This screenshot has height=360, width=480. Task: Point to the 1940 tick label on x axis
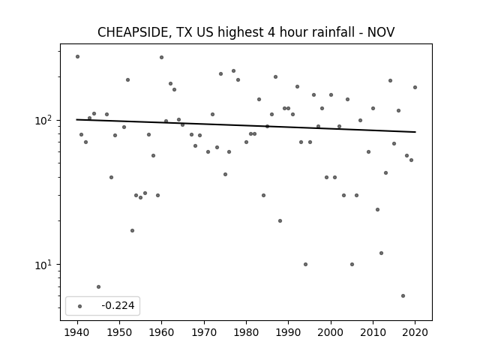(x=77, y=332)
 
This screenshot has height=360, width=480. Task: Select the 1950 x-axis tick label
(x=120, y=332)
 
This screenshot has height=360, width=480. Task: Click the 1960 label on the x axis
(x=162, y=332)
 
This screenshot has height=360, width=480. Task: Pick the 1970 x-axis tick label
(x=204, y=332)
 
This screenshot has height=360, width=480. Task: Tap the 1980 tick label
(x=246, y=332)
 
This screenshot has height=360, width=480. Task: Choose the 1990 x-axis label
(x=288, y=332)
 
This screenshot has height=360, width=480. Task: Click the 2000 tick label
(x=331, y=332)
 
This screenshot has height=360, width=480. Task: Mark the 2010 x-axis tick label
(x=373, y=332)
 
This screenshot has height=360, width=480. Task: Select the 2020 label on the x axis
(x=415, y=332)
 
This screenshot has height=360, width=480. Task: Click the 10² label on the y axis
(x=45, y=120)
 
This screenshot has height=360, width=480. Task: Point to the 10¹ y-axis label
(x=45, y=265)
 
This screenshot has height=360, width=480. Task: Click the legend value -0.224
(x=118, y=305)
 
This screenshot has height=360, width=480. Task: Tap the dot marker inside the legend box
(x=80, y=306)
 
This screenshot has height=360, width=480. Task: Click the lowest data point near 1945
(x=98, y=286)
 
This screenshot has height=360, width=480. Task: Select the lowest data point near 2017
(x=403, y=295)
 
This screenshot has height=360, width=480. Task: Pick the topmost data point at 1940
(x=78, y=57)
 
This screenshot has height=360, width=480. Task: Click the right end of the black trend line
(x=415, y=132)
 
